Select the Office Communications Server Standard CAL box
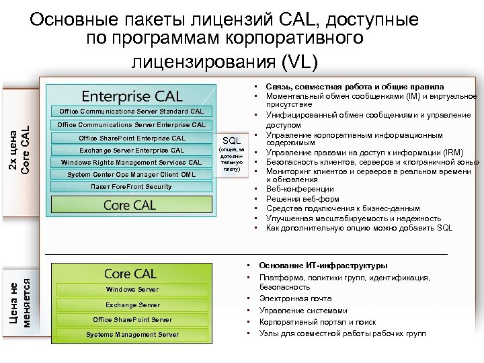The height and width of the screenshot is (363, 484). tap(131, 111)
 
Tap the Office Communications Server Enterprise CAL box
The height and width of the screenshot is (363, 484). tap(131, 124)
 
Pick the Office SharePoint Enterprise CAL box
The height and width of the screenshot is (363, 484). tap(132, 138)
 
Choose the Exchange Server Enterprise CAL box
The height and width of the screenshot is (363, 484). tap(132, 150)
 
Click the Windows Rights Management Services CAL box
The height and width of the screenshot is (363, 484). tap(132, 162)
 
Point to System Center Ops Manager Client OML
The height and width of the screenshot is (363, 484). tap(132, 174)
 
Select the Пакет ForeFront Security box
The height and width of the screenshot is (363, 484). tap(131, 186)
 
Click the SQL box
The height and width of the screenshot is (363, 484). tap(231, 140)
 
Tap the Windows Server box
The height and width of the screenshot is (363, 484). tap(132, 289)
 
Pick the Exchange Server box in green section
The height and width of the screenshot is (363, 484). tap(132, 305)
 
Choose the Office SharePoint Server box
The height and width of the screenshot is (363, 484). tap(132, 319)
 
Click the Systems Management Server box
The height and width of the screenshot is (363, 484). tap(132, 334)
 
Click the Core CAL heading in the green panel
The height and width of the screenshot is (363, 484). tap(130, 274)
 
